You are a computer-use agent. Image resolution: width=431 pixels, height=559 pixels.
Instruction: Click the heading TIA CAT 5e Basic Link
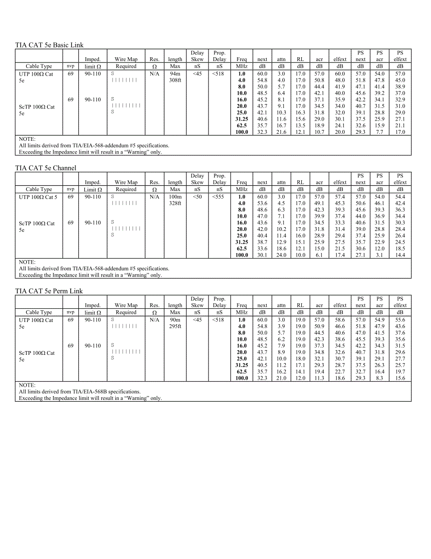49,45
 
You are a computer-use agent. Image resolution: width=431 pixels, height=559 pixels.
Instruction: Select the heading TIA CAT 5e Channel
45,168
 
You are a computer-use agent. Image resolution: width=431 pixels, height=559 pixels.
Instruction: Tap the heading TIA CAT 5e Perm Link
49,291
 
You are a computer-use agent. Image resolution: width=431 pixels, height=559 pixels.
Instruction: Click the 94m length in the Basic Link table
175,74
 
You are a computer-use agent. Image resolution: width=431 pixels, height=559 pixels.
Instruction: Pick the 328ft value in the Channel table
175,203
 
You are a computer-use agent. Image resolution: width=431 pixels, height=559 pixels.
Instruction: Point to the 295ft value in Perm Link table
175,326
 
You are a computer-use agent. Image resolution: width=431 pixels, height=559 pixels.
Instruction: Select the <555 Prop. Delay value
218,197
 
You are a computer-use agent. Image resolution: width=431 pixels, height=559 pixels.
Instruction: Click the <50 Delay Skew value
197,197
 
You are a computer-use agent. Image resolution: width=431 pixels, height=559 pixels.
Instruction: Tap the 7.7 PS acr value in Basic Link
379,132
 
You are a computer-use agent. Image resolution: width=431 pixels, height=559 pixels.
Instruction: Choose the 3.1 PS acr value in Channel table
379,255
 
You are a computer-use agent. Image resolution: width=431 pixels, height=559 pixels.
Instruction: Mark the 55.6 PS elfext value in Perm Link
400,320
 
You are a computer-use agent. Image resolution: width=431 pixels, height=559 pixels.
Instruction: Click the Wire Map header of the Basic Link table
126,59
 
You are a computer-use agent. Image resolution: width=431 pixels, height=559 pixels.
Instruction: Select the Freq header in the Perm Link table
242,305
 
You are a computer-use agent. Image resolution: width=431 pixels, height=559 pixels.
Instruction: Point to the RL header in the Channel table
300,182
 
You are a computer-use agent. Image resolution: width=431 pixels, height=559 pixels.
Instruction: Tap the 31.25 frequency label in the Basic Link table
241,119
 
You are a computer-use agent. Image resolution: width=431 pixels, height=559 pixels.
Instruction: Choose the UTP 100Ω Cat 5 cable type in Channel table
38,197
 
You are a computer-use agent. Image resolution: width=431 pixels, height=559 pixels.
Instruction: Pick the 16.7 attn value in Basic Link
281,126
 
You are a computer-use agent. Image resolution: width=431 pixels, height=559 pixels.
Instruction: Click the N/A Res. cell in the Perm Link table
155,320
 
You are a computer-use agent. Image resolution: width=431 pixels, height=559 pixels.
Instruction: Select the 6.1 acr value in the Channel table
319,255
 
